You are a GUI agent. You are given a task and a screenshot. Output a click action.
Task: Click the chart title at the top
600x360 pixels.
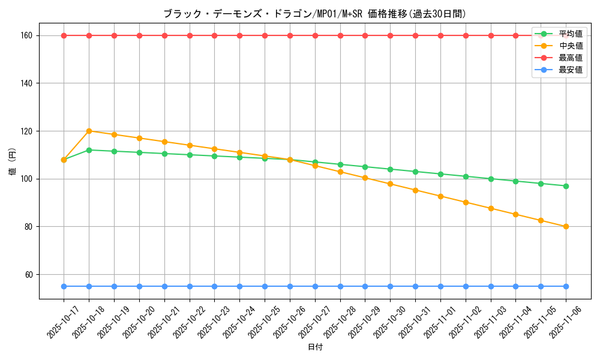(314, 14)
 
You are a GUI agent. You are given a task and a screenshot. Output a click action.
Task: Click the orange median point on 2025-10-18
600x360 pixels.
(89, 131)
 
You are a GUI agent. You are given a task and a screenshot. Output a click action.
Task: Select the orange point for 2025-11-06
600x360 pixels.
(566, 227)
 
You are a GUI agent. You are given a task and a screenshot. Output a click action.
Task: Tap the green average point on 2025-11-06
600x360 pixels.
(566, 186)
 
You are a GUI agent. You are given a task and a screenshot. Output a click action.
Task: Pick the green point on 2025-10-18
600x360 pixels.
(89, 150)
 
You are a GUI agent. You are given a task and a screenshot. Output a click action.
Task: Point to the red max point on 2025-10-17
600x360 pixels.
(64, 35)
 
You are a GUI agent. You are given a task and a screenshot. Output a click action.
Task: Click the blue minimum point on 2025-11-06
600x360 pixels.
(566, 286)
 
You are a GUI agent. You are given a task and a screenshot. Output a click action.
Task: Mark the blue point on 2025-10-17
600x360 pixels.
(64, 286)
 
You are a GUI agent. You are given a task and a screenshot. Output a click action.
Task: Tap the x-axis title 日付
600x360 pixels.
(314, 347)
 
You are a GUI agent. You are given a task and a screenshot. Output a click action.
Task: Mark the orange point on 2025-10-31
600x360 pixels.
(415, 190)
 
